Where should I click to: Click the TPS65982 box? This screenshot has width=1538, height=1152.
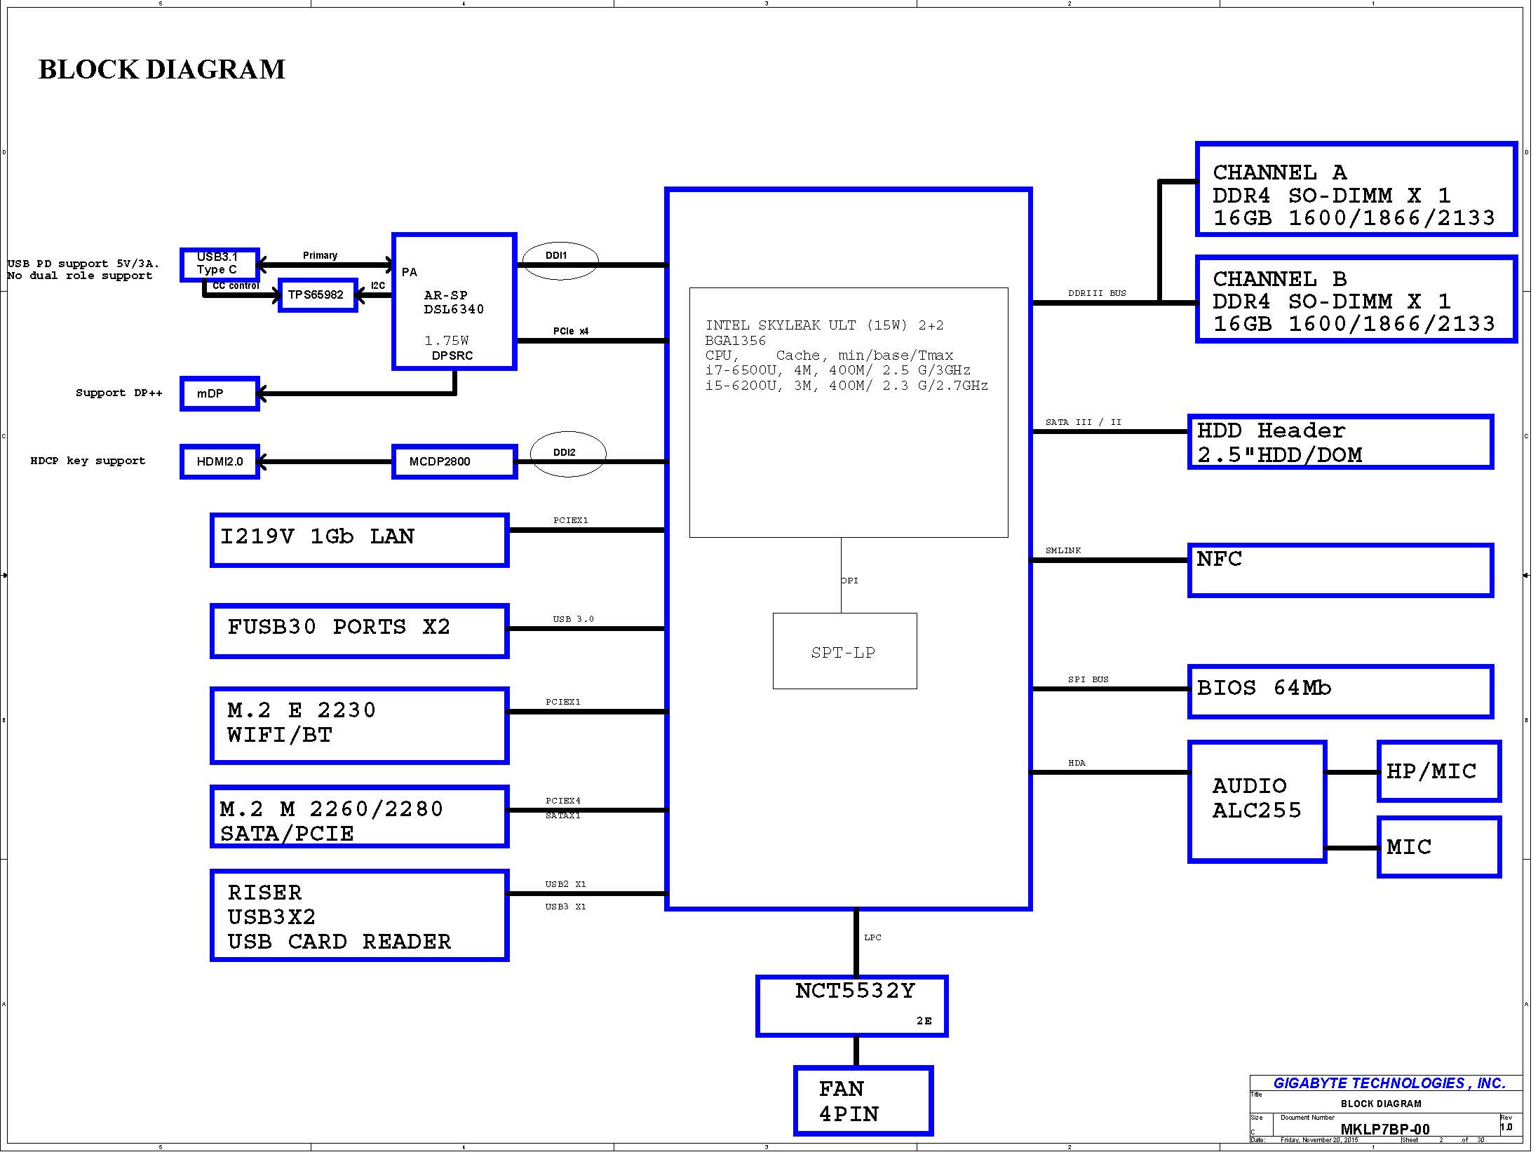[x=318, y=295]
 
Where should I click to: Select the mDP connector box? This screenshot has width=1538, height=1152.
[x=220, y=394]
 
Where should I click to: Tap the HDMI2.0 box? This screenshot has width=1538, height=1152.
[x=220, y=461]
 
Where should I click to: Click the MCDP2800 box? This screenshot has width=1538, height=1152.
[x=454, y=461]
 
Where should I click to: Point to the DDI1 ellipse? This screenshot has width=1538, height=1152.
[x=560, y=260]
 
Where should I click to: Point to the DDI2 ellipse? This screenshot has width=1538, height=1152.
[x=567, y=454]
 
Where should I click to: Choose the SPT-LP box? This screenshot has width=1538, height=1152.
[x=844, y=651]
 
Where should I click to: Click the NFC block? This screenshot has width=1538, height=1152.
[x=1340, y=570]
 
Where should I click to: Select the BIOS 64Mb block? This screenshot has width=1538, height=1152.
[x=1340, y=691]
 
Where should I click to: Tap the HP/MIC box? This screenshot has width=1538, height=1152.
[x=1438, y=771]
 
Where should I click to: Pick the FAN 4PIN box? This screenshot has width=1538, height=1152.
[x=863, y=1101]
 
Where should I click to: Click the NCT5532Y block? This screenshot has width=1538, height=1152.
[x=851, y=1005]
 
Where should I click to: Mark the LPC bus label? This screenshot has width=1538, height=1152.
[x=872, y=937]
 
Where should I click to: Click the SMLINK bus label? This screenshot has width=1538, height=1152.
[x=1063, y=550]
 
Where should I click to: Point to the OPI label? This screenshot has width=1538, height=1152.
[x=849, y=581]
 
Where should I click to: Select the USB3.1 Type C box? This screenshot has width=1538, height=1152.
[x=220, y=264]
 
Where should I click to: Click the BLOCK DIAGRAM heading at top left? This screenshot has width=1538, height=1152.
[x=162, y=69]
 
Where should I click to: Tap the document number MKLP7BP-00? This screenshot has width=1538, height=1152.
[x=1385, y=1129]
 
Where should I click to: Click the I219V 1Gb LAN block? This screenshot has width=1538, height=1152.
[x=359, y=540]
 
